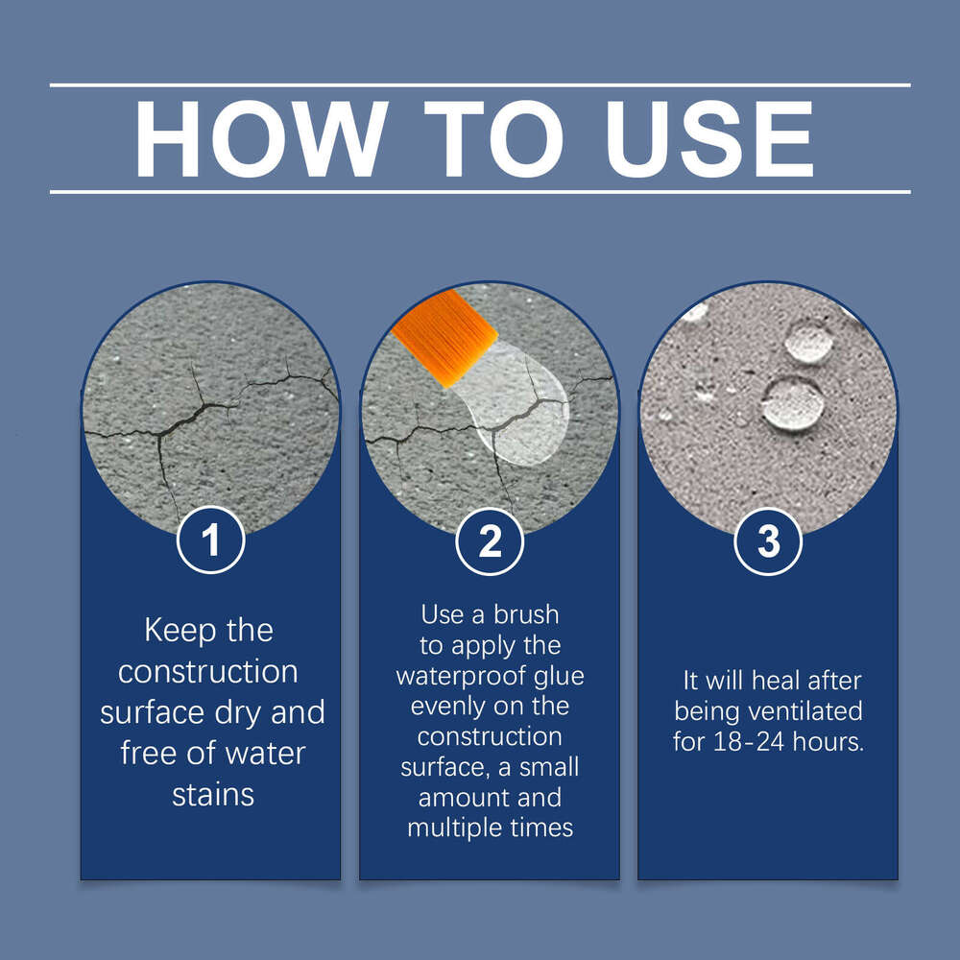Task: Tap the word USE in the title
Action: [x=709, y=138]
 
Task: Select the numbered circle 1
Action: [x=210, y=540]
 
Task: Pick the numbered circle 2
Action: [x=490, y=541]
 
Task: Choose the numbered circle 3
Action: [x=768, y=541]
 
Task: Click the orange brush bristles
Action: [x=444, y=338]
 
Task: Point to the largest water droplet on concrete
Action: [x=793, y=405]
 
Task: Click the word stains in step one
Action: [x=213, y=795]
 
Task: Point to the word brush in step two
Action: [x=526, y=614]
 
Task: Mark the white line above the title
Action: [x=480, y=85]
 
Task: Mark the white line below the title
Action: [x=480, y=192]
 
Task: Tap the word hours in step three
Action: [x=828, y=742]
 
